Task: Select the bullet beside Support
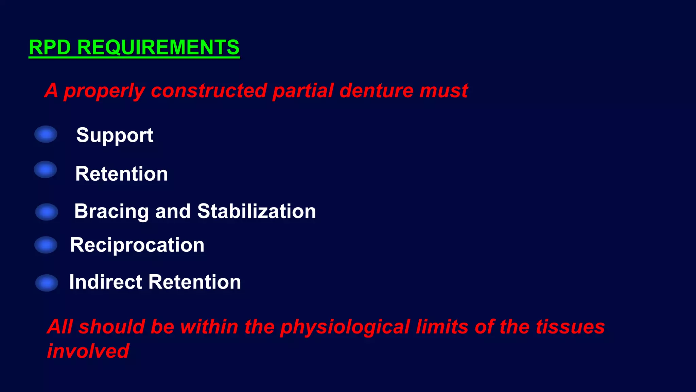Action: [46, 134]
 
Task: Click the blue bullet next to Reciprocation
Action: [46, 245]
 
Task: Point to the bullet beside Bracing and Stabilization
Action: [47, 212]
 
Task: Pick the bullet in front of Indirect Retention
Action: [47, 283]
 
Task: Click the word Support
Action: [115, 135]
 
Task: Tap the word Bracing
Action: [111, 211]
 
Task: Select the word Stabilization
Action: [257, 211]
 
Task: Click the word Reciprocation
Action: [137, 245]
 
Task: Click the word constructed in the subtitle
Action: [208, 91]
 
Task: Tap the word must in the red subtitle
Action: [443, 91]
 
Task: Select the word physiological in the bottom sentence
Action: [345, 327]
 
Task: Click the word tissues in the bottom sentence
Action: [570, 327]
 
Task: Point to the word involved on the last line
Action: [88, 351]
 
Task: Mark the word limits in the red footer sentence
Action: [442, 327]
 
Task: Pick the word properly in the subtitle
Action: [104, 91]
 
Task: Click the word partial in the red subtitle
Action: [303, 91]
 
